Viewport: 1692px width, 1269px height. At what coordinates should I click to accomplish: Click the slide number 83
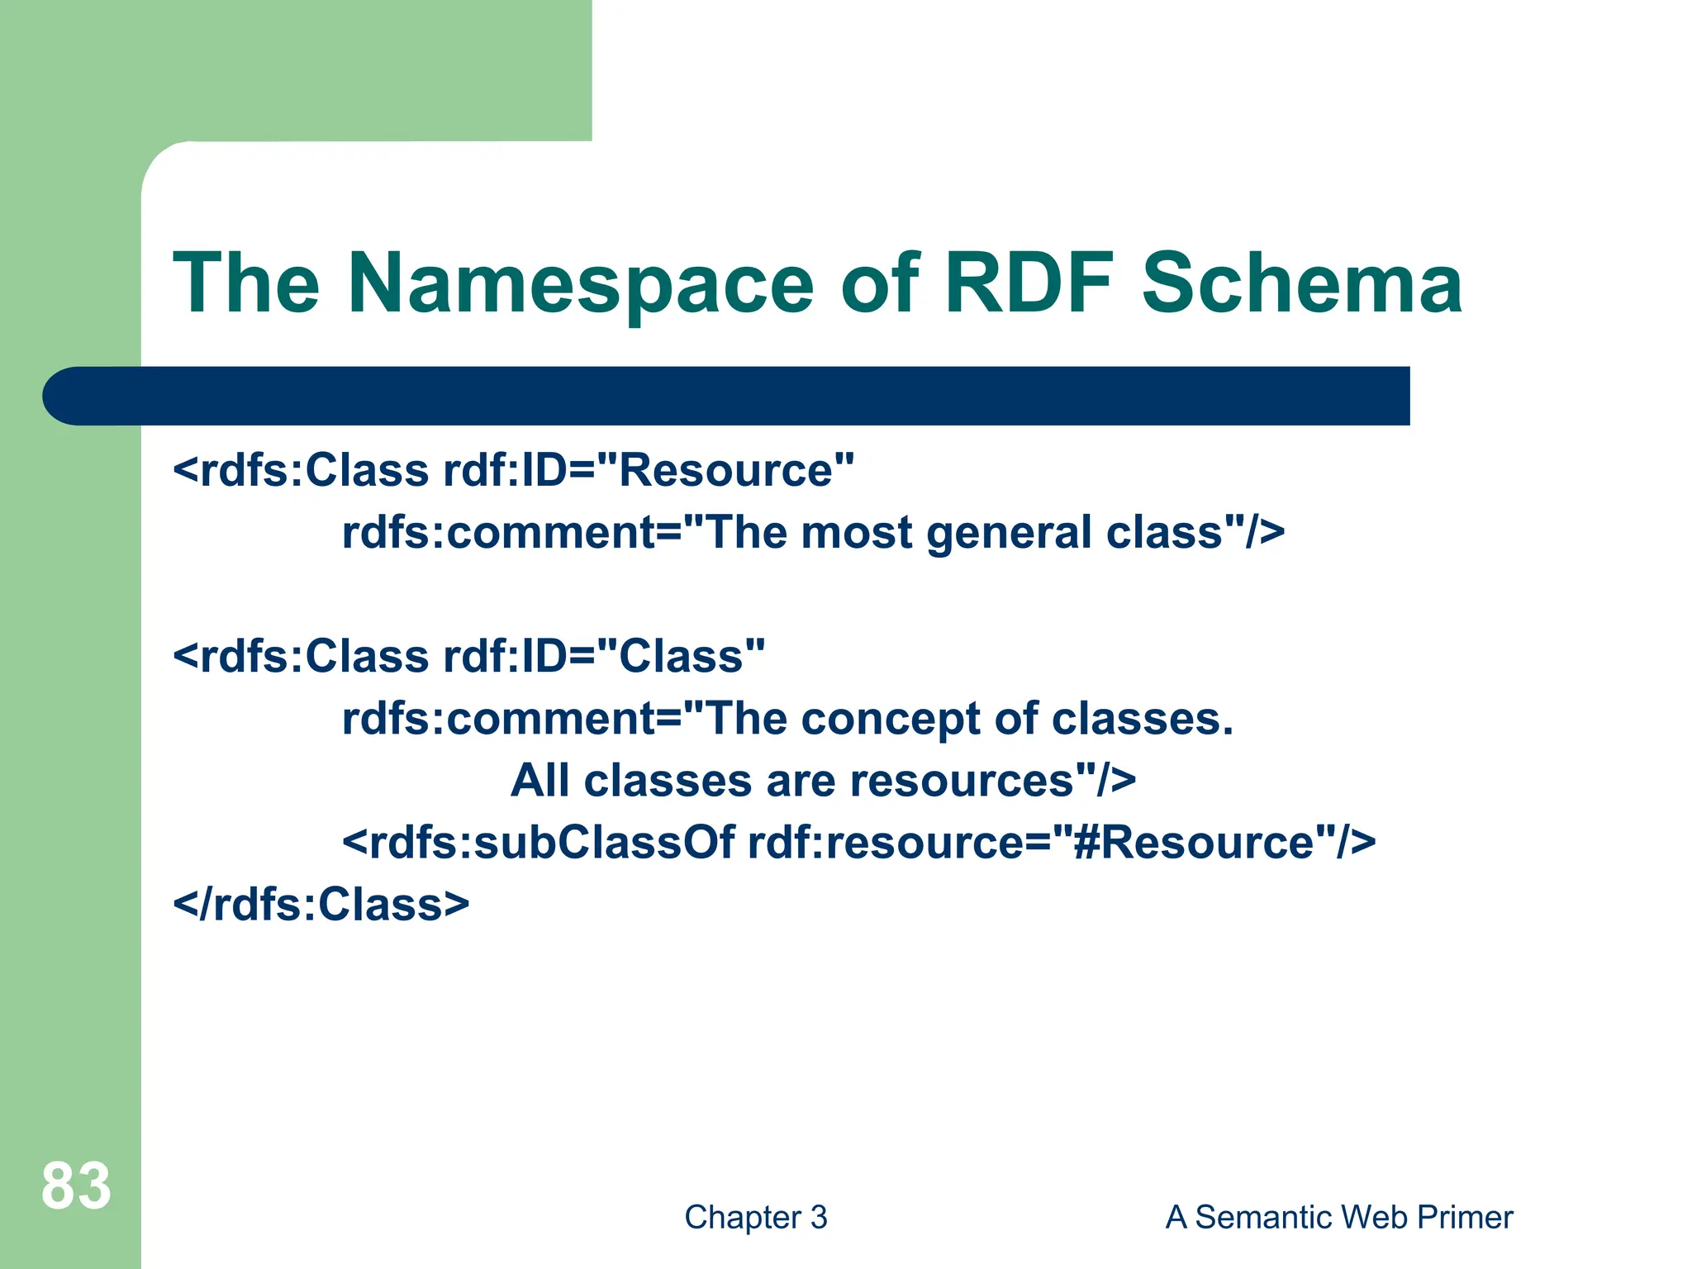[76, 1186]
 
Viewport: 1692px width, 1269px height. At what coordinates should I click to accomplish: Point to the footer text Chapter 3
[755, 1217]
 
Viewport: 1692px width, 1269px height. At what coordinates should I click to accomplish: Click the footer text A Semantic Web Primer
[1338, 1217]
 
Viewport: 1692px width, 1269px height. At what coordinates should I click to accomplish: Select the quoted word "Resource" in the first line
[725, 471]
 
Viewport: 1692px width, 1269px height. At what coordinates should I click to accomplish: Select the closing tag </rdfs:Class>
[321, 905]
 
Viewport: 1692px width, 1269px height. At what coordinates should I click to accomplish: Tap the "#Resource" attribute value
[1194, 843]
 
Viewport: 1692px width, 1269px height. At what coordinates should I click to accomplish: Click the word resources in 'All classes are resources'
[962, 781]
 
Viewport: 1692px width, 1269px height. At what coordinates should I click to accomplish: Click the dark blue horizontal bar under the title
[727, 396]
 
